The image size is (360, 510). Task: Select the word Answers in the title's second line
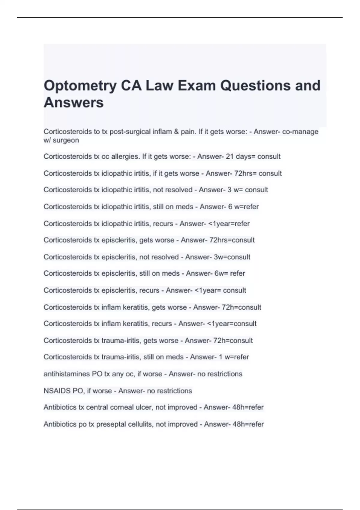pyautogui.click(x=74, y=103)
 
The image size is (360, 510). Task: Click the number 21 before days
pyautogui.click(x=230, y=157)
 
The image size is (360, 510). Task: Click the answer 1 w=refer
pyautogui.click(x=234, y=357)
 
